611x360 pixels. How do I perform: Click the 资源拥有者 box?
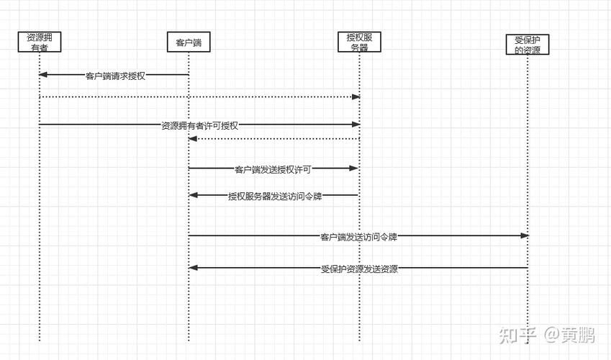(x=40, y=42)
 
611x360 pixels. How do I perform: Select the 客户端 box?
(x=189, y=42)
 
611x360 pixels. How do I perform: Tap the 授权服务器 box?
(x=359, y=42)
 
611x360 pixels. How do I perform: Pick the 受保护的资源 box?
(x=528, y=45)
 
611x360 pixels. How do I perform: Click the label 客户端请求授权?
(x=115, y=75)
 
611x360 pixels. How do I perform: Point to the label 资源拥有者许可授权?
(x=199, y=125)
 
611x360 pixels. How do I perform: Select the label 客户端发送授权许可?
(x=273, y=169)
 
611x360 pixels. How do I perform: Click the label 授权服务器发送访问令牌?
(x=272, y=195)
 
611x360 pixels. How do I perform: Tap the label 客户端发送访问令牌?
(x=359, y=236)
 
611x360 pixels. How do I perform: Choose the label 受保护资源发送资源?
(x=359, y=269)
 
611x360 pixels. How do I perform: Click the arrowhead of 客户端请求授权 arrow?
(x=42, y=75)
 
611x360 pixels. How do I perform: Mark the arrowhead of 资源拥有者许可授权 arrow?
(x=356, y=125)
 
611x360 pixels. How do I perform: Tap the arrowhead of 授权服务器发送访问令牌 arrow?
(x=193, y=195)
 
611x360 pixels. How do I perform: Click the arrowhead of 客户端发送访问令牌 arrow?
(x=525, y=236)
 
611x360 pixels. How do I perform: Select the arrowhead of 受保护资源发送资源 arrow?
(x=193, y=268)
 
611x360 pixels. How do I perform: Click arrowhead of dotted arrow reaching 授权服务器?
(x=356, y=96)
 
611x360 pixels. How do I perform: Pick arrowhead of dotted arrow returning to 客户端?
(x=193, y=139)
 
